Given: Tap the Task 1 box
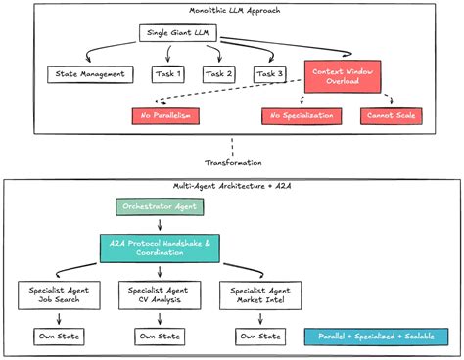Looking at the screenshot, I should [x=169, y=74].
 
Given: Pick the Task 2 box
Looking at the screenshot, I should [x=219, y=74].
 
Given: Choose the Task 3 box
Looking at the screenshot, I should [x=269, y=74].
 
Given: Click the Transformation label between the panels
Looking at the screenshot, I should [x=232, y=162].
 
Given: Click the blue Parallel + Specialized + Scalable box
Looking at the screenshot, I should [x=377, y=337].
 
